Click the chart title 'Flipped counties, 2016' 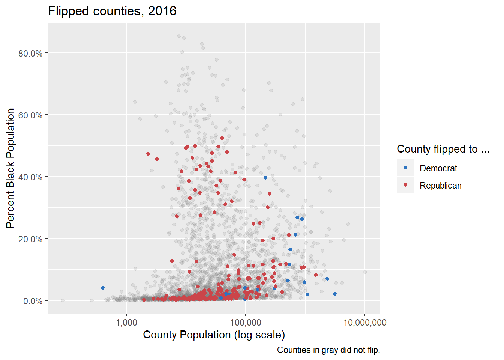tap(112, 11)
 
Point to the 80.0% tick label tap(30, 53)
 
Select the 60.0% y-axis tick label tap(30, 115)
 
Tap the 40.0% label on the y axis tap(30, 177)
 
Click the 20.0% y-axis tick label tap(30, 239)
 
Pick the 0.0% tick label tap(33, 301)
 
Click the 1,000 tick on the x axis tap(126, 322)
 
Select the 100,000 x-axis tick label tap(246, 322)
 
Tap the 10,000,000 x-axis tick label tap(365, 322)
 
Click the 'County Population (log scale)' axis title tap(214, 334)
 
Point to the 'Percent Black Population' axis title tap(10, 168)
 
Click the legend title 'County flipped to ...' tap(443, 149)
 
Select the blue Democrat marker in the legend tap(405, 168)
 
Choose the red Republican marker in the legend tap(405, 185)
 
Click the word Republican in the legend tap(440, 186)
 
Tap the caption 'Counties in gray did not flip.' tap(328, 350)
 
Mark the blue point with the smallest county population tap(103, 288)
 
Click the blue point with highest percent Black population tap(265, 178)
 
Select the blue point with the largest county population tap(335, 294)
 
